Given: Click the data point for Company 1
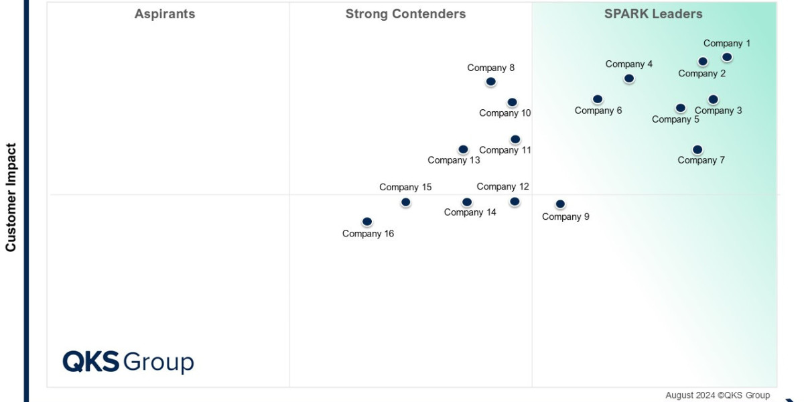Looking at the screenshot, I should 727,57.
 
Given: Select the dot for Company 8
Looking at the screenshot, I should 490,82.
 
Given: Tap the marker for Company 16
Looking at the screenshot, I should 367,222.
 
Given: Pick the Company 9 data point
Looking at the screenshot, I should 560,204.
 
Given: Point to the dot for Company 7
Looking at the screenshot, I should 697,149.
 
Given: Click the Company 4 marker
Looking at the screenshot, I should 628,78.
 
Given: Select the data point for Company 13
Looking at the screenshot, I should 463,149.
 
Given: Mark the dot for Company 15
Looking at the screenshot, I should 405,202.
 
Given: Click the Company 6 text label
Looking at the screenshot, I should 598,111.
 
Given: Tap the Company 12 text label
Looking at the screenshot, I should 503,187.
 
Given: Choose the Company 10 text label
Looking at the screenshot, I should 505,113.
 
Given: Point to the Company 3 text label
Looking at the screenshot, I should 718,111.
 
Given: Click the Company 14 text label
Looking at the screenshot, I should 470,212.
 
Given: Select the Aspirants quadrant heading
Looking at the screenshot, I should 165,14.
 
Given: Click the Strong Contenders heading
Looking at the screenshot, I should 405,14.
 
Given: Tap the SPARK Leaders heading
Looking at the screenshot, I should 653,14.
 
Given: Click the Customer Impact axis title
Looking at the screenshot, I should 11,197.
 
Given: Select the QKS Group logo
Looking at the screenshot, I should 128,362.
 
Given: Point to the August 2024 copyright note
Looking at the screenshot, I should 718,395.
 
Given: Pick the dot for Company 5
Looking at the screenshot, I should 681,108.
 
